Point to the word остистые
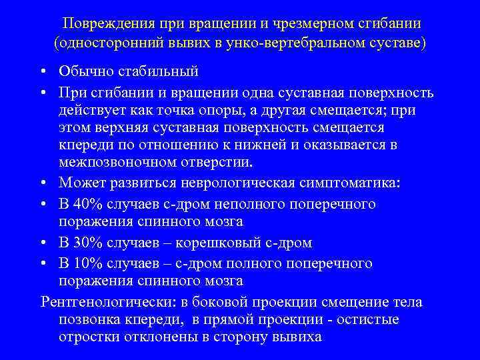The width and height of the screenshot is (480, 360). click(368, 319)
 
